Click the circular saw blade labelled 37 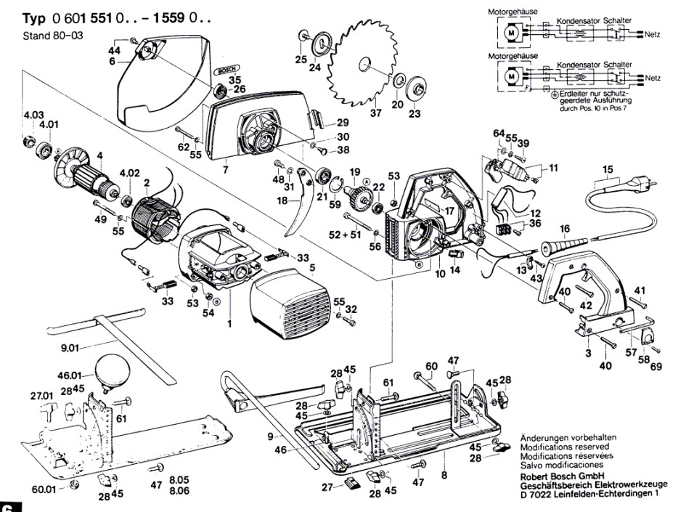click(x=363, y=69)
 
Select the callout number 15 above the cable click(x=606, y=170)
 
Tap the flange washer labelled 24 click(x=319, y=44)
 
